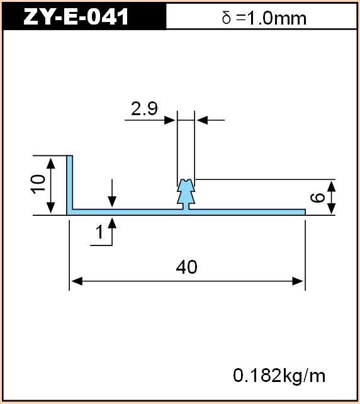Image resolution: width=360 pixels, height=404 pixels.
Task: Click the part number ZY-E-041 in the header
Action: click(x=76, y=16)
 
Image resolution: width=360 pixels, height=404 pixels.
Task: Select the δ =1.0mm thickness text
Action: click(x=264, y=18)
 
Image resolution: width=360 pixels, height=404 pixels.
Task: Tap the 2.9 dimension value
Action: click(x=144, y=108)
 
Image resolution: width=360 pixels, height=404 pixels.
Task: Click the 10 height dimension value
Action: click(x=38, y=184)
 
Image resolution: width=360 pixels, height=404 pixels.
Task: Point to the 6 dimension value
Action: click(x=317, y=198)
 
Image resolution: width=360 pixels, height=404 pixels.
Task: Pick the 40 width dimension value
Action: click(x=186, y=267)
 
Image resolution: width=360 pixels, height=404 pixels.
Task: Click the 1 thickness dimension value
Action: click(x=99, y=232)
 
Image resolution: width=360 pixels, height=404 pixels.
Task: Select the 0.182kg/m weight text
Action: click(x=279, y=376)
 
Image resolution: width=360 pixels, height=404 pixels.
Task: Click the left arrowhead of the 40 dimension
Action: click(x=77, y=281)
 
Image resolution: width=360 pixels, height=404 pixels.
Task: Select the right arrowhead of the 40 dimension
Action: click(x=298, y=281)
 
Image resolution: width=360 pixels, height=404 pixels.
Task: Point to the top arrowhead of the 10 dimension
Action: click(x=51, y=163)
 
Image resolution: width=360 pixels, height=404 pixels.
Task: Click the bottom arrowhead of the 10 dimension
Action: click(x=51, y=208)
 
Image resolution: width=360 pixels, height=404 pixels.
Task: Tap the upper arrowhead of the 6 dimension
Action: click(x=332, y=186)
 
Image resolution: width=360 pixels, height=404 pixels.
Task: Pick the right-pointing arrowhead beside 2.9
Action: click(x=170, y=120)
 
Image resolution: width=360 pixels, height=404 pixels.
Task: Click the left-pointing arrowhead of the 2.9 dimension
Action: click(x=202, y=120)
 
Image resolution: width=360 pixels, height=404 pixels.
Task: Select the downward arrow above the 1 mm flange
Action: click(x=112, y=193)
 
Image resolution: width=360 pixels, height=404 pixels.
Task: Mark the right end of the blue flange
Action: click(x=305, y=212)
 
